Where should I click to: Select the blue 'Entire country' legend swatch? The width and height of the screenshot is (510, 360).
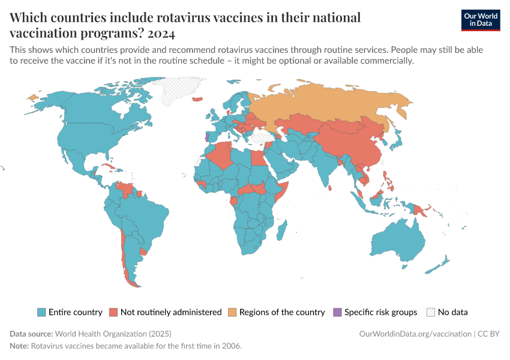pos(41,312)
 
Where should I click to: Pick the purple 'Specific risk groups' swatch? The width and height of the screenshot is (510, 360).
pos(337,312)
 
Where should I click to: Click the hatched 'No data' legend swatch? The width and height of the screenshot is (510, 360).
pos(430,312)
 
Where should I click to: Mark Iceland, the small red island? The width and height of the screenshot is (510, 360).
pos(197,99)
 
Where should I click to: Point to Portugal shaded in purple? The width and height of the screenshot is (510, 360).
pos(207,137)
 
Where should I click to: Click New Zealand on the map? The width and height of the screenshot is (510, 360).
pos(444,261)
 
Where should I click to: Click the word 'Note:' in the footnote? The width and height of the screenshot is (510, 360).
pos(19,346)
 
